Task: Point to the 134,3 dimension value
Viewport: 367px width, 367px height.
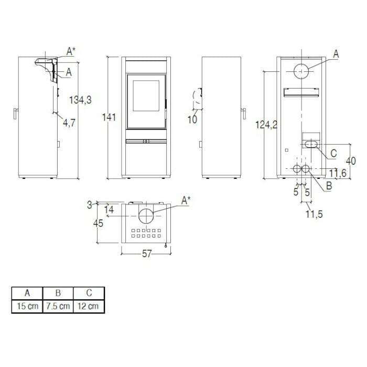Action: (80, 100)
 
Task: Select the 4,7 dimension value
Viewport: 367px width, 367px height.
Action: (69, 123)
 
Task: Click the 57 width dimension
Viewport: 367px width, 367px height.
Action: (146, 254)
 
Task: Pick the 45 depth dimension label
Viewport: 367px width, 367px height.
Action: (98, 223)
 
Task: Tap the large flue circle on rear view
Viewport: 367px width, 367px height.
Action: (301, 71)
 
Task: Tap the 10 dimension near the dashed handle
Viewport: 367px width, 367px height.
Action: (192, 120)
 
